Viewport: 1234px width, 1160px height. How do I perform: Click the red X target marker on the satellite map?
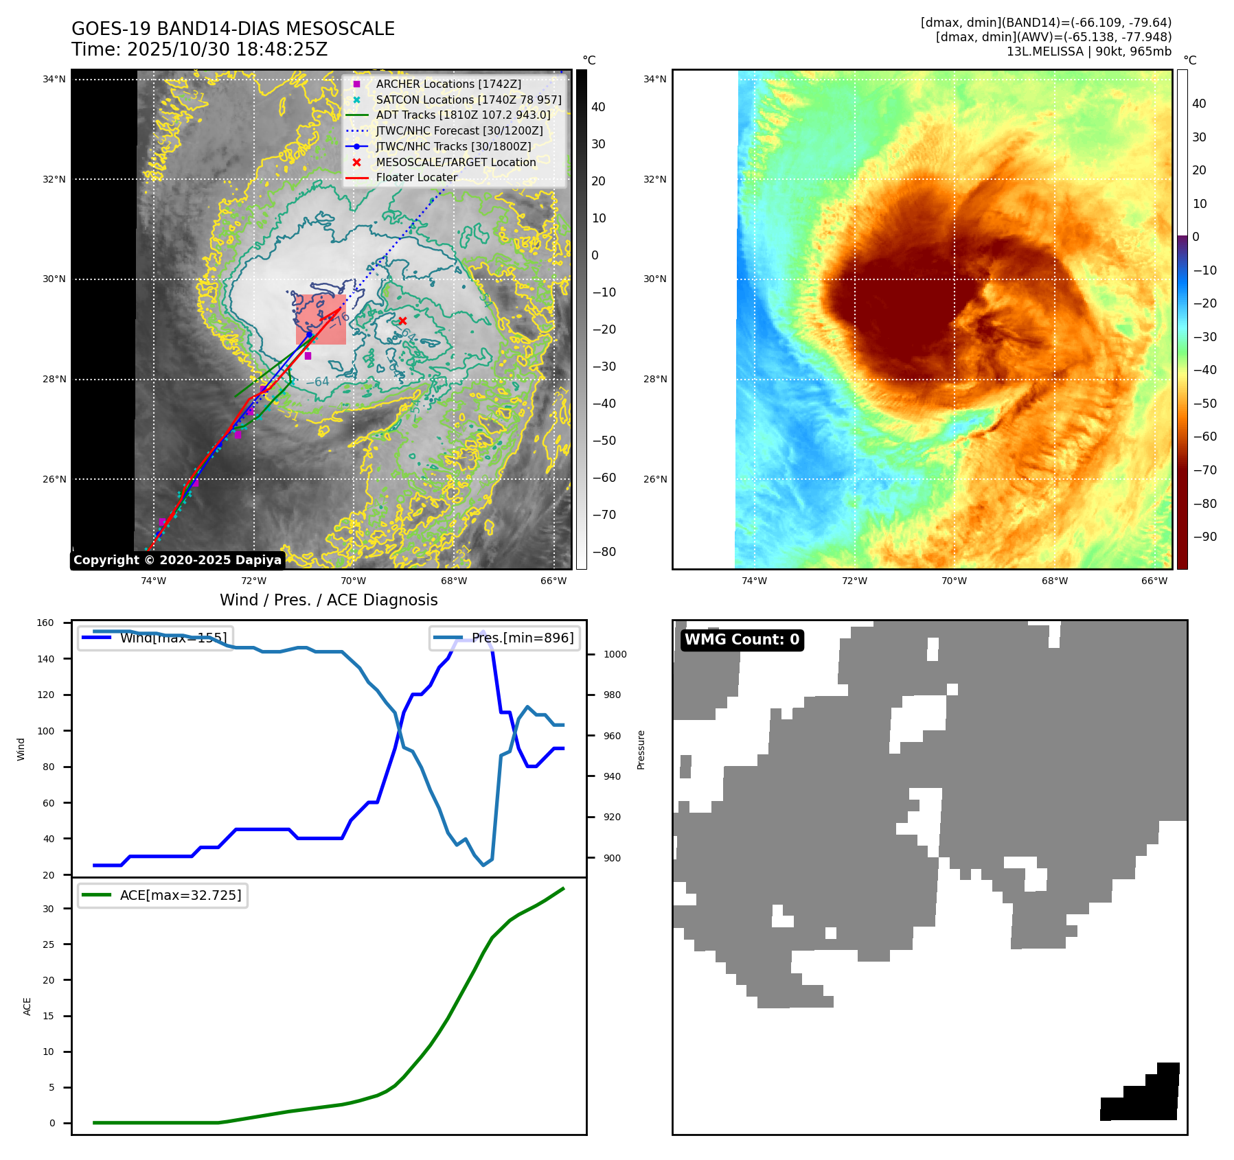(402, 321)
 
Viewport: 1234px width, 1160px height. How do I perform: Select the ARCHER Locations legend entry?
(448, 84)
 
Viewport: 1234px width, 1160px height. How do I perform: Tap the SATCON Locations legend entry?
(468, 100)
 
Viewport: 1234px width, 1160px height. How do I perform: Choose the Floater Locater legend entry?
(416, 177)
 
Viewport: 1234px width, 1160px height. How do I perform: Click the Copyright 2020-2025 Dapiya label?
(177, 560)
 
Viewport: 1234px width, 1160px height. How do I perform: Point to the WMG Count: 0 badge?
(742, 640)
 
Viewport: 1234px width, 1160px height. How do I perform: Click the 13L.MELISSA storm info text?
(1088, 51)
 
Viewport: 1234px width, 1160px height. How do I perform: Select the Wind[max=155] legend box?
(155, 638)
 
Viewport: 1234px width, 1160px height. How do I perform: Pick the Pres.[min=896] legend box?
(505, 638)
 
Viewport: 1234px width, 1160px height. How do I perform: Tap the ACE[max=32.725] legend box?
(163, 895)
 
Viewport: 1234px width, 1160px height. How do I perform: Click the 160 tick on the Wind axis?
(45, 623)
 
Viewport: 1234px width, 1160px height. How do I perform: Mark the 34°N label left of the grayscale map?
(54, 79)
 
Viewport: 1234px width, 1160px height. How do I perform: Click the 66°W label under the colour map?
(1154, 581)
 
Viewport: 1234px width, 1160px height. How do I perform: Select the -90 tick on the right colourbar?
(1204, 537)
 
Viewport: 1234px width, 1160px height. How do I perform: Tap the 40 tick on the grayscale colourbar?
(598, 107)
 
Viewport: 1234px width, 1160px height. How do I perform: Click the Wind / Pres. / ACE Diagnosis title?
(328, 600)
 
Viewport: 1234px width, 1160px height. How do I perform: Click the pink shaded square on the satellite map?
(321, 320)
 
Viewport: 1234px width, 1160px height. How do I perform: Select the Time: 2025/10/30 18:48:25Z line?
(199, 49)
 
